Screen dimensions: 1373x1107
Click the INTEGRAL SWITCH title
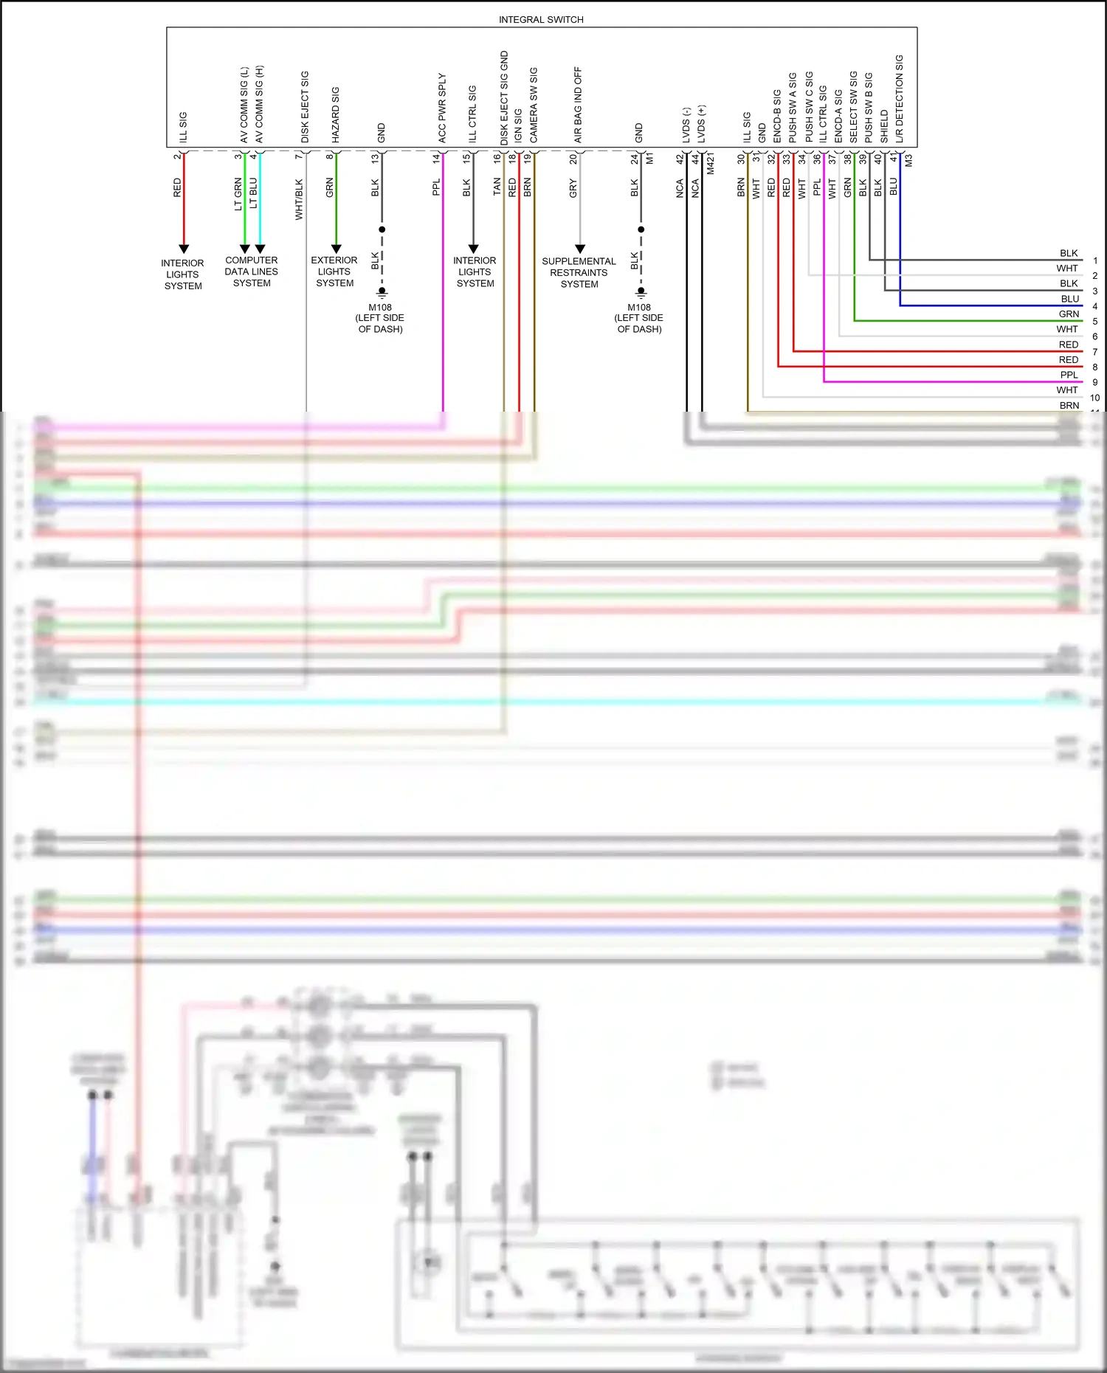541,20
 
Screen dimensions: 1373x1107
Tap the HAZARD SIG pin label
336,115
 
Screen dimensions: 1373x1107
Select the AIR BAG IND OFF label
578,105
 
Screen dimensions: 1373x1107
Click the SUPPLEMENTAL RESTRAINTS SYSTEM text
579,273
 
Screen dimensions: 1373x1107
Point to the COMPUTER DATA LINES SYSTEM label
252,272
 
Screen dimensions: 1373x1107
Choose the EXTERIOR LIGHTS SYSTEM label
334,272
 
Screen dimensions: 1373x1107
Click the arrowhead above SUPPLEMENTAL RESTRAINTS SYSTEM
580,249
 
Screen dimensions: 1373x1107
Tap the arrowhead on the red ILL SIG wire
184,249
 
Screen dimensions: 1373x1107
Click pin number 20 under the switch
573,159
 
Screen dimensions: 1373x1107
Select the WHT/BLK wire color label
299,199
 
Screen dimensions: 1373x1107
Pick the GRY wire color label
573,189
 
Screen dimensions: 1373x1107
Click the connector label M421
711,164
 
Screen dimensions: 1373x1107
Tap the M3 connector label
909,160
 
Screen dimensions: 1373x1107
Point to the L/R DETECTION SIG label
900,99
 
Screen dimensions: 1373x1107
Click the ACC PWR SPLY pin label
442,108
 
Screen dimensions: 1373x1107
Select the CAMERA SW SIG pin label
534,106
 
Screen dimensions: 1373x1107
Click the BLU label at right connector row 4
1069,299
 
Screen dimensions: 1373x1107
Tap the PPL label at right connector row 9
1069,375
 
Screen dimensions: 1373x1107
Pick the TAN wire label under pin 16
497,187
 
